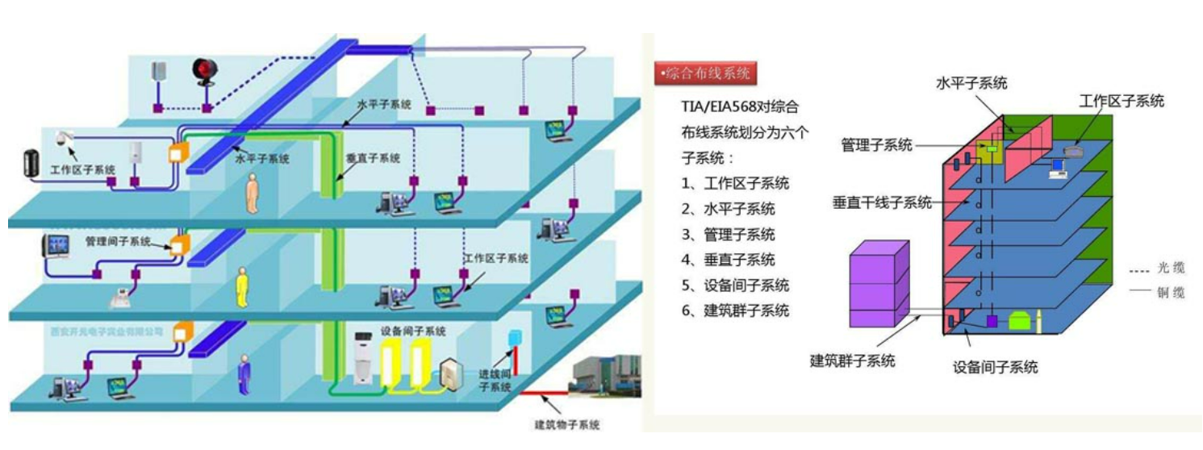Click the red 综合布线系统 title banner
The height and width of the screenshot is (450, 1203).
pos(705,74)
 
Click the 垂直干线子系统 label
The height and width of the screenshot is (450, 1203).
pos(881,202)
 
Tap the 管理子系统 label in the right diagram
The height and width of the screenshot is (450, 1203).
pos(876,145)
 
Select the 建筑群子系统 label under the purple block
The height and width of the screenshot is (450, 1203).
pos(852,360)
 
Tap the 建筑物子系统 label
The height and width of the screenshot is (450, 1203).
pos(567,424)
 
